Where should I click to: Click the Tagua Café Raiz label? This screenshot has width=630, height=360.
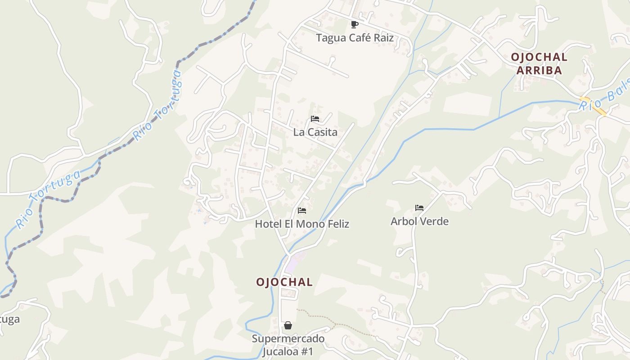click(x=355, y=38)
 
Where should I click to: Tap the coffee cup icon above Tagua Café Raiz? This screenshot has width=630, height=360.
click(x=355, y=24)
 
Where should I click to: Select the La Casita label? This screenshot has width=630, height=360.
click(x=315, y=132)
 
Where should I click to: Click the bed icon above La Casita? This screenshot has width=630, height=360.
click(x=315, y=119)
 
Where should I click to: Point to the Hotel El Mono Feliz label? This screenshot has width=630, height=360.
click(x=302, y=224)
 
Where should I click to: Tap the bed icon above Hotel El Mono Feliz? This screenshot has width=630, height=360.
click(x=302, y=211)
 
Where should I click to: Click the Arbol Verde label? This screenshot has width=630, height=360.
click(x=419, y=221)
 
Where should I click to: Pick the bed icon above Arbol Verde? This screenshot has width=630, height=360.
click(x=419, y=208)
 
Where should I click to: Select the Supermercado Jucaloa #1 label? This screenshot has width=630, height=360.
click(x=288, y=345)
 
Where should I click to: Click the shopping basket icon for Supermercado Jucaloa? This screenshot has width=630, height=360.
click(x=288, y=325)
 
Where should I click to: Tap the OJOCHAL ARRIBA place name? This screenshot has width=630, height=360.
click(x=539, y=63)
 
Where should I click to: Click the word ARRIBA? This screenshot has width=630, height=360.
click(x=539, y=71)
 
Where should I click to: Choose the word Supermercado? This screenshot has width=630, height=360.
click(x=288, y=339)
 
